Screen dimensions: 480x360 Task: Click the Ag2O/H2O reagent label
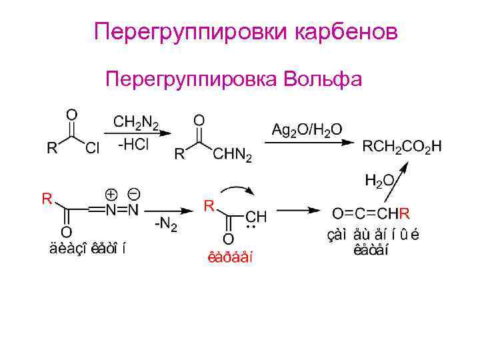pos(307,129)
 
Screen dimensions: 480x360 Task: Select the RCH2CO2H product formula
pos(401,146)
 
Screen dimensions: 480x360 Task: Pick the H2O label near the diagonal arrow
pos(379,180)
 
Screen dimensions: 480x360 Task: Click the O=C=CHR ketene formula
pos(371,213)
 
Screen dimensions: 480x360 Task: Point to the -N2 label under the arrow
pos(166,225)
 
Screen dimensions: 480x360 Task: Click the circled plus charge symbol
pos(111,194)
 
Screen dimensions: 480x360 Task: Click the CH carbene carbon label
pos(256,217)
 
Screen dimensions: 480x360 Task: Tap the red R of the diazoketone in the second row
pos(47,198)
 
